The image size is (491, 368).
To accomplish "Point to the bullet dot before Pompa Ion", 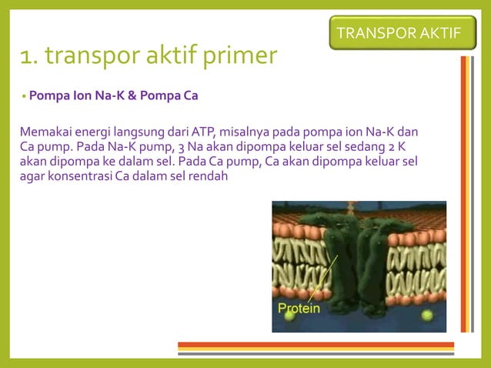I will click(24, 98).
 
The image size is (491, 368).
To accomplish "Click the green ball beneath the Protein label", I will click(289, 316).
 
